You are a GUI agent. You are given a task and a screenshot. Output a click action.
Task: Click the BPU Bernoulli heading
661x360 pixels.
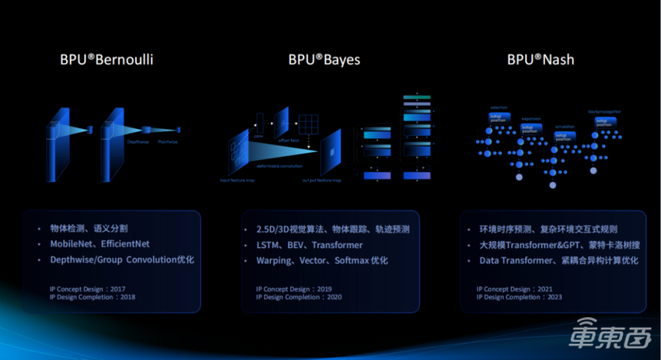(x=107, y=59)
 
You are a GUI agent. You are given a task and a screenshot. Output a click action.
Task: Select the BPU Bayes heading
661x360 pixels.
(x=324, y=59)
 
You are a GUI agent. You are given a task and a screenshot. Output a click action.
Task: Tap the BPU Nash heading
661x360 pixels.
(x=540, y=59)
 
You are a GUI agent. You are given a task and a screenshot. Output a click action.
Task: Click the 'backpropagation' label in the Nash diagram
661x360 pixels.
(x=605, y=112)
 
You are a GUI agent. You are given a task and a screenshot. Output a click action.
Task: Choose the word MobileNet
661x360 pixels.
(x=71, y=244)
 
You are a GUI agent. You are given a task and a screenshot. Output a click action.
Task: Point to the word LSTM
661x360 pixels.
(x=271, y=245)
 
